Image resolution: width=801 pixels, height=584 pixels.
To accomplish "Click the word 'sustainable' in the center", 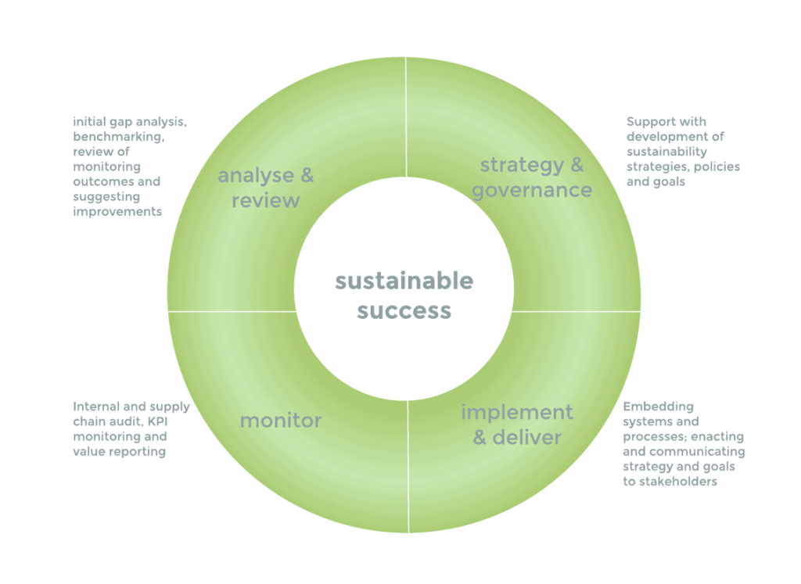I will tap(404, 281).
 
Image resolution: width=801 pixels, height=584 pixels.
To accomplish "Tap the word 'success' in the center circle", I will tap(404, 310).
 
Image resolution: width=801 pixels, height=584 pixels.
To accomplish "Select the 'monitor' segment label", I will tap(280, 421).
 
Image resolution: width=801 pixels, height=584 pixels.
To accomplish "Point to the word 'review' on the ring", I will tap(266, 200).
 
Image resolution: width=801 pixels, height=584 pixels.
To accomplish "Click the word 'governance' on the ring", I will tap(532, 190).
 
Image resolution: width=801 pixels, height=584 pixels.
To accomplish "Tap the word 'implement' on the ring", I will tap(516, 412).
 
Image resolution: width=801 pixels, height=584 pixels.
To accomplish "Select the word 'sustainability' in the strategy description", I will tap(666, 151).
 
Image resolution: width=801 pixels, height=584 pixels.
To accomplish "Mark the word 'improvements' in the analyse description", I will tap(117, 211).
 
